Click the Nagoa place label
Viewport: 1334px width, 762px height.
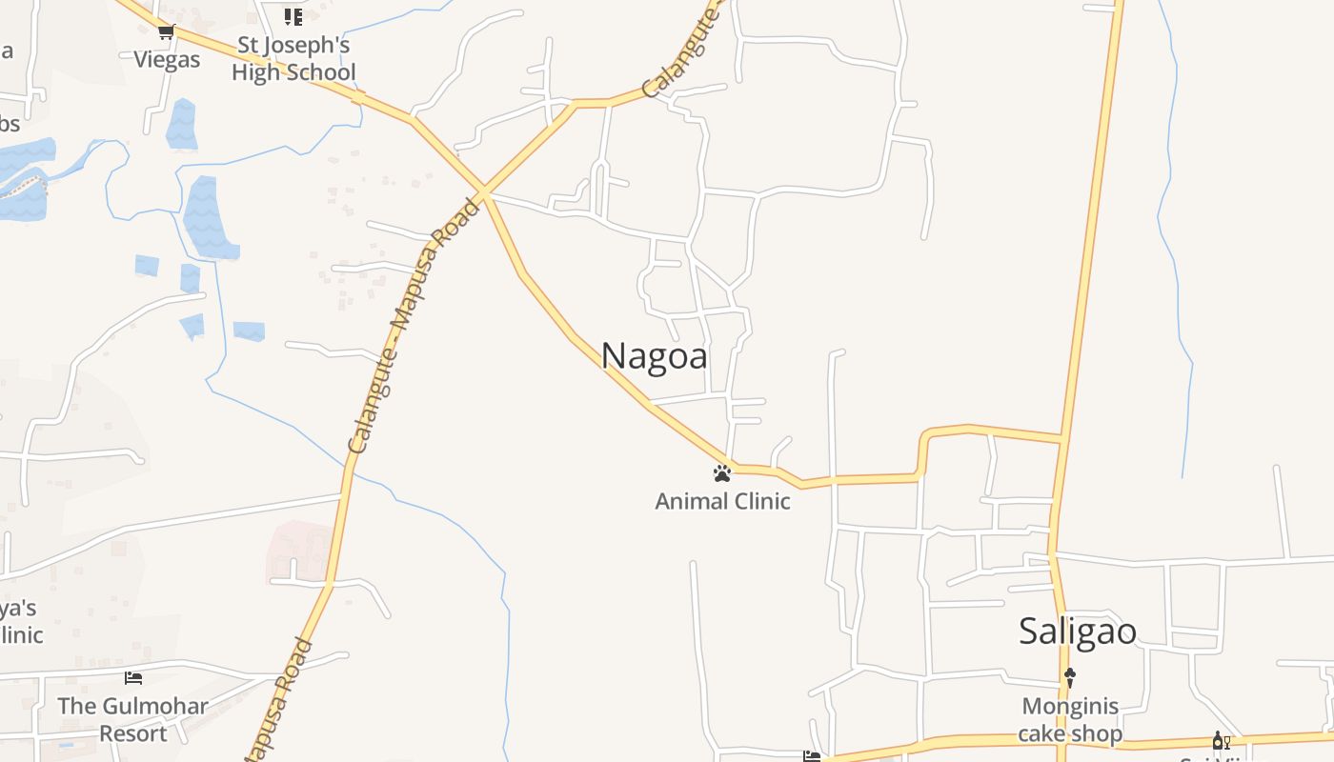pos(655,356)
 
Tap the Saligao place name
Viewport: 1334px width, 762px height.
pos(1077,631)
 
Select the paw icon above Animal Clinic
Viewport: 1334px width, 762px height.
pos(722,472)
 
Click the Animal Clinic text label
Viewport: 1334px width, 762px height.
pos(722,501)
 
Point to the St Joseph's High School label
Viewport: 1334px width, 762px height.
pos(293,59)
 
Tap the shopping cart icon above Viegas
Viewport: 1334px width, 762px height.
pos(167,32)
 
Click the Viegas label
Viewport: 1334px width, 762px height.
pos(167,60)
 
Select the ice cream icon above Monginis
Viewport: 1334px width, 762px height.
pos(1069,677)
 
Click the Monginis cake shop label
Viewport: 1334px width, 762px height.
pos(1069,720)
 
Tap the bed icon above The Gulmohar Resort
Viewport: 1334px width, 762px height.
pos(133,678)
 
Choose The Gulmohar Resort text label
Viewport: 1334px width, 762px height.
pos(132,720)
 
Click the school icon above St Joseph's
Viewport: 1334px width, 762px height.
pos(293,16)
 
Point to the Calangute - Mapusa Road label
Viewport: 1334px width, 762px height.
pos(415,326)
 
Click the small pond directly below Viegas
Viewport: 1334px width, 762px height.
pos(181,125)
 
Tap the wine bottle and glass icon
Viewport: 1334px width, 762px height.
pos(1221,740)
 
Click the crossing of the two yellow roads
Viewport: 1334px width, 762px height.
pos(483,193)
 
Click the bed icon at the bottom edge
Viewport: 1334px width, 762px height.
pos(812,756)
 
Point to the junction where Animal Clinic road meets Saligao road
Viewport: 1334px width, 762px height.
pos(1061,439)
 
